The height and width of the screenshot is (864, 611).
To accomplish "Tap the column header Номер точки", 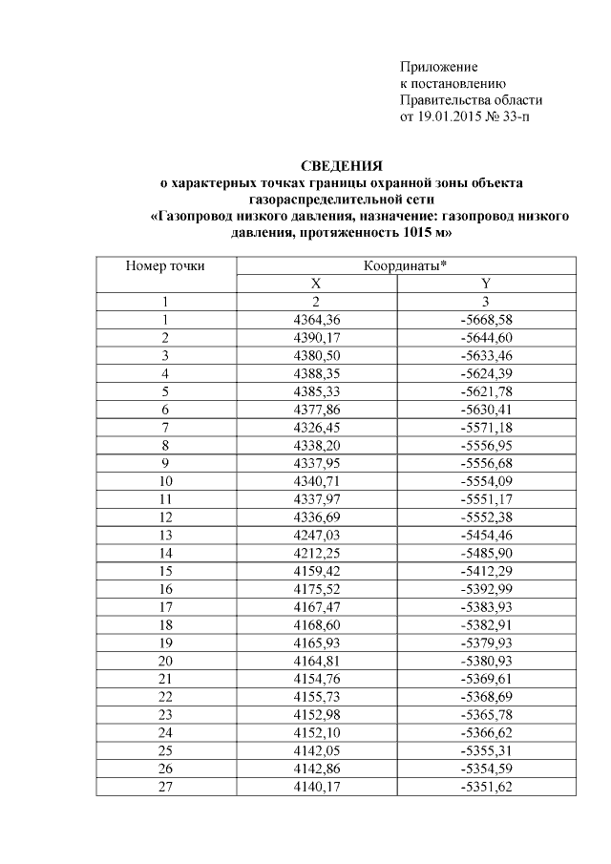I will pyautogui.click(x=165, y=266).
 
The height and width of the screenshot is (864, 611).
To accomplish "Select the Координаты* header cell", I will pyautogui.click(x=402, y=266).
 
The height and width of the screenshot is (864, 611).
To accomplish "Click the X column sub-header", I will pyautogui.click(x=315, y=284).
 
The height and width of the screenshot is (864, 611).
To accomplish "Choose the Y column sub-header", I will pyautogui.click(x=487, y=284).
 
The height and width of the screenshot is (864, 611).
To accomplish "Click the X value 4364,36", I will pyautogui.click(x=316, y=319).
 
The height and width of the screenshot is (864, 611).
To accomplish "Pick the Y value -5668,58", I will pyautogui.click(x=487, y=319).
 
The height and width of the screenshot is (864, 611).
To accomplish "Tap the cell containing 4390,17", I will pyautogui.click(x=316, y=337).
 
